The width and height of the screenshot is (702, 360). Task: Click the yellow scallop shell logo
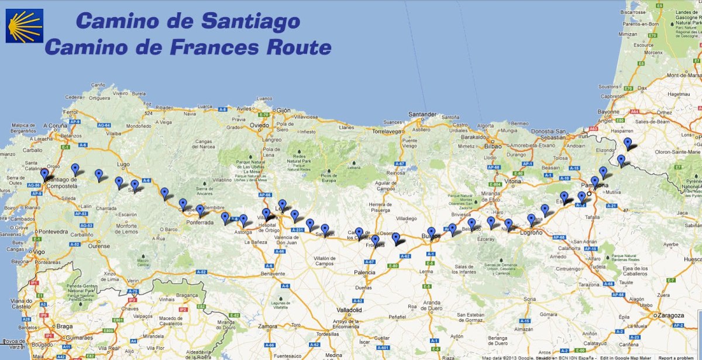tap(25, 26)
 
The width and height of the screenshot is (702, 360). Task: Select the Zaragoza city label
tap(670, 315)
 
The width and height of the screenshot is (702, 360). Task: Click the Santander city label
tap(422, 114)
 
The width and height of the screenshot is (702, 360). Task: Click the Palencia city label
tap(364, 272)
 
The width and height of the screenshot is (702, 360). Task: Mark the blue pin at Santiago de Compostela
tap(44, 174)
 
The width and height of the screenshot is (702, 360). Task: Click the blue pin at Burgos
tap(431, 232)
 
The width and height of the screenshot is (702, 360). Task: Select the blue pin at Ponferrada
tap(200, 210)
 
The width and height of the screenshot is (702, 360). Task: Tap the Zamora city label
tap(267, 326)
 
